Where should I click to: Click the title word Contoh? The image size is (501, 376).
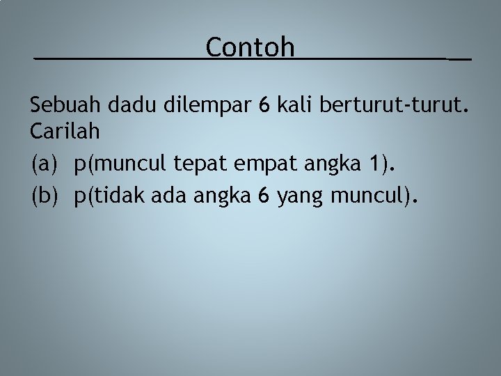[x=250, y=47]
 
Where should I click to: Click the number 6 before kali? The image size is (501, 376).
[x=264, y=105]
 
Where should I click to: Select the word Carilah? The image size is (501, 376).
[x=63, y=130]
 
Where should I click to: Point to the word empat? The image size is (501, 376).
[x=265, y=165]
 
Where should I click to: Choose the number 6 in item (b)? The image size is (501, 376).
[x=263, y=197]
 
